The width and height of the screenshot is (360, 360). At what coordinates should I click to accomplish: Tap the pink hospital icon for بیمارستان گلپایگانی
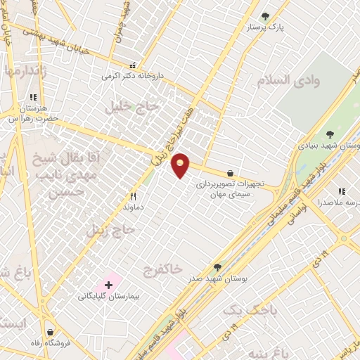tap(108, 285)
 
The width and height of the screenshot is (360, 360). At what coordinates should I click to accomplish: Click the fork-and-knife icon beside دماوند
tap(133, 197)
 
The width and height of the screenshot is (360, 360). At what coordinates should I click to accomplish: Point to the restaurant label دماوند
tap(133, 208)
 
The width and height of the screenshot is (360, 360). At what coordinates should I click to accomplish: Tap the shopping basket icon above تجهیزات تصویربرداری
tap(230, 173)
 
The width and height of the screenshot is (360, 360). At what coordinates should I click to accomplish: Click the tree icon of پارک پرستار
tap(265, 16)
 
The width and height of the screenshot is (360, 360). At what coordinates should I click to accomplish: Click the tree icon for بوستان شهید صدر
tap(217, 267)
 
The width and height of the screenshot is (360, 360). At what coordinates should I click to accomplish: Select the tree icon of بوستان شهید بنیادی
tap(330, 134)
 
